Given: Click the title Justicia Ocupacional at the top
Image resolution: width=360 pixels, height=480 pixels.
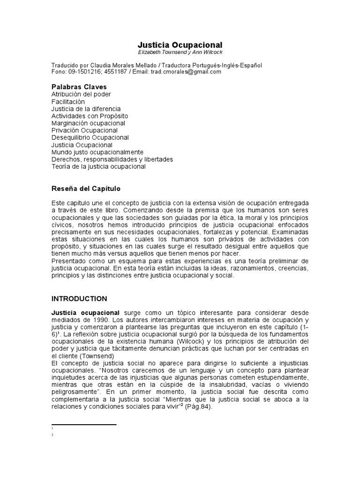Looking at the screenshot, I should click(x=180, y=45).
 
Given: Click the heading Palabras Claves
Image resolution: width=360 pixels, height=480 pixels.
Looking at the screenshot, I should click(x=79, y=87).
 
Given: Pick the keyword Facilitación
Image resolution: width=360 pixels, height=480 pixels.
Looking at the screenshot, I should click(x=68, y=101).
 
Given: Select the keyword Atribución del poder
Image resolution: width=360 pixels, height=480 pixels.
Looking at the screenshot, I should click(x=81, y=94).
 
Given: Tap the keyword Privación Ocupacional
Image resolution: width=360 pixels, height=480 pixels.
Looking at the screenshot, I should click(x=84, y=130).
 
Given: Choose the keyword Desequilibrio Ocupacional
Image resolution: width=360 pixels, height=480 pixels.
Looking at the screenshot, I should click(x=90, y=137).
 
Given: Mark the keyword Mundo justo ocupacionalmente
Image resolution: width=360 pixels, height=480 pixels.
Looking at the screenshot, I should click(x=97, y=152).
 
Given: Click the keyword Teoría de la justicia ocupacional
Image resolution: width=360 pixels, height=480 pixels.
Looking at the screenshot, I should click(x=98, y=166).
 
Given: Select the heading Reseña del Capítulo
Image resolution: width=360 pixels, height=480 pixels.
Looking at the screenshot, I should click(x=86, y=188).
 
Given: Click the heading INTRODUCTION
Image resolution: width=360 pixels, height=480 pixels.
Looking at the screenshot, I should click(x=79, y=299).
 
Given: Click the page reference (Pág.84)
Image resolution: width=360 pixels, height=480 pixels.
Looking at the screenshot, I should click(x=198, y=407).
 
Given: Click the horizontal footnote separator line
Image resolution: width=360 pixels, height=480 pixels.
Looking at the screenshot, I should click(x=84, y=425).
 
